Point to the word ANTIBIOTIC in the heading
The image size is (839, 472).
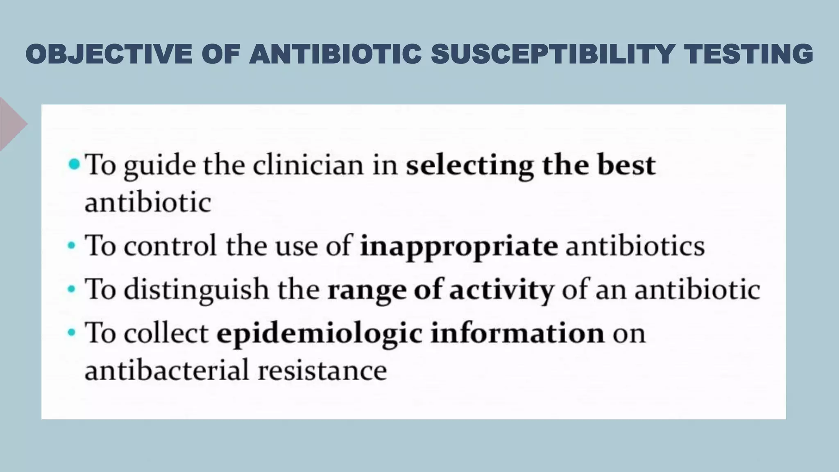pyautogui.click(x=336, y=54)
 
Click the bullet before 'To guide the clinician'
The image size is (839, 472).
pyautogui.click(x=74, y=165)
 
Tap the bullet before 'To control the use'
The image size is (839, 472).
pyautogui.click(x=72, y=246)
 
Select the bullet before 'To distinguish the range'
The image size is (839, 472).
pyautogui.click(x=72, y=289)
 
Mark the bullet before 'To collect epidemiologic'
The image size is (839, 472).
pyautogui.click(x=72, y=332)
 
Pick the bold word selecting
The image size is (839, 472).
pyautogui.click(x=469, y=166)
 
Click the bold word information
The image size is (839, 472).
pyautogui.click(x=517, y=332)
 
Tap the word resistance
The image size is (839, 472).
pyautogui.click(x=322, y=370)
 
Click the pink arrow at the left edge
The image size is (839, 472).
pyautogui.click(x=12, y=124)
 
